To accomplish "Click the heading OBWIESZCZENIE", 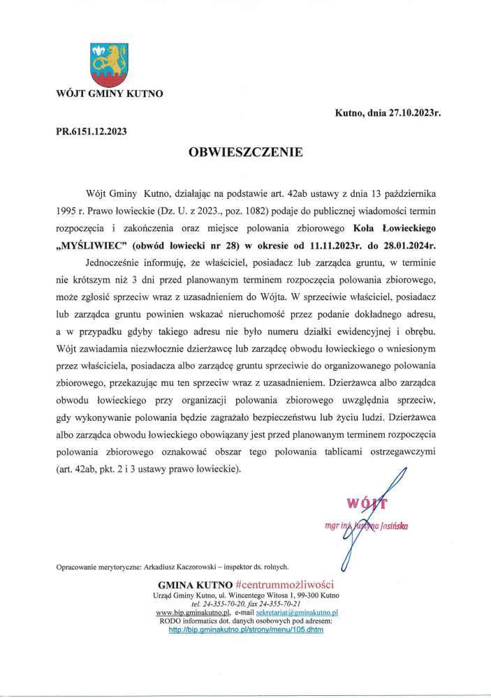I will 245,151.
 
